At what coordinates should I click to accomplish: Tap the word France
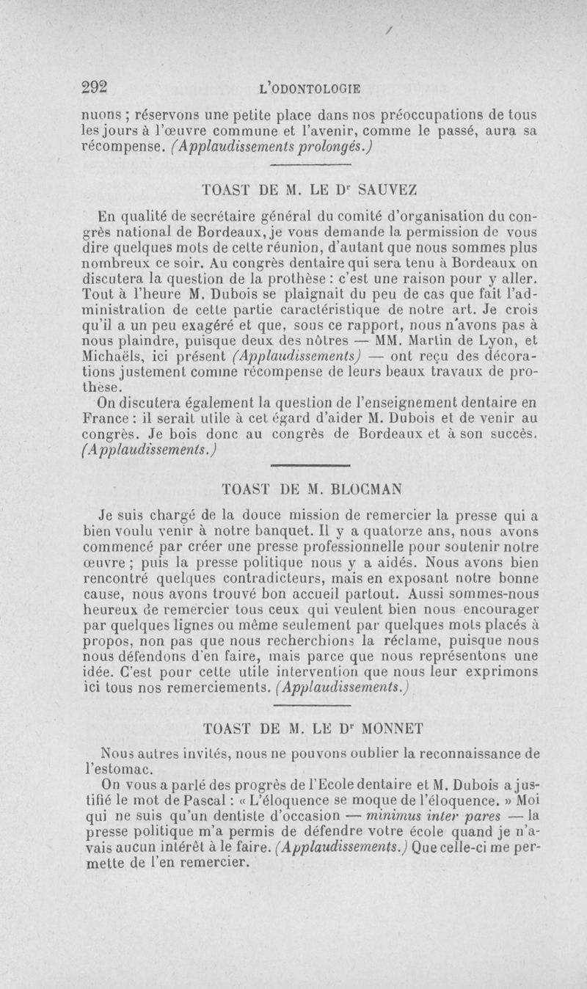click(x=103, y=419)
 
